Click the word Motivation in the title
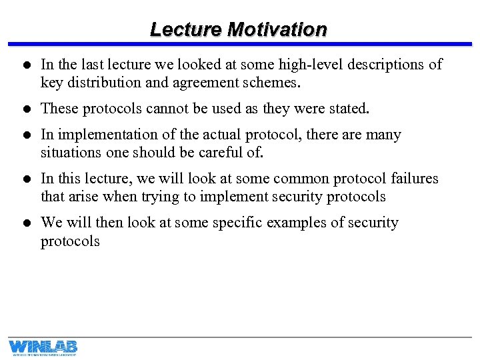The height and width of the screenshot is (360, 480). pos(277,30)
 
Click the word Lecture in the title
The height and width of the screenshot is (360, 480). pos(186,30)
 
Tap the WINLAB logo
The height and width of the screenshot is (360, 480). pos(43,347)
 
